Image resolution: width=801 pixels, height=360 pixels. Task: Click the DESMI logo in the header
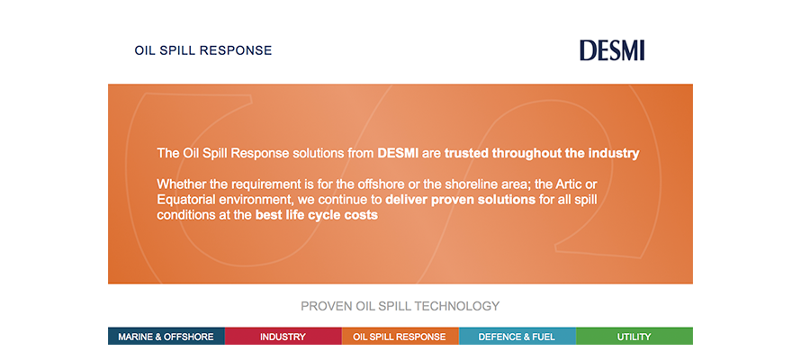[x=612, y=50]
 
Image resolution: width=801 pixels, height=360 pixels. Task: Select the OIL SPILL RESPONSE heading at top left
[x=203, y=50]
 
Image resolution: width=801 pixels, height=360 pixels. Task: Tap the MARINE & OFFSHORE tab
[x=166, y=337]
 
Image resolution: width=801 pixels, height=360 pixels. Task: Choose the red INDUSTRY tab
[x=283, y=337]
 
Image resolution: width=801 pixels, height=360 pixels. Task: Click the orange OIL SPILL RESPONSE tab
[x=400, y=337]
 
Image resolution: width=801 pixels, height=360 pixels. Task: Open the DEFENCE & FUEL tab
[x=517, y=337]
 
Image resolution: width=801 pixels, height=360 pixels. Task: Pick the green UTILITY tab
[x=634, y=337]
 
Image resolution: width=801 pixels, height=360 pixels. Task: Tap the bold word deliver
[x=406, y=200]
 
